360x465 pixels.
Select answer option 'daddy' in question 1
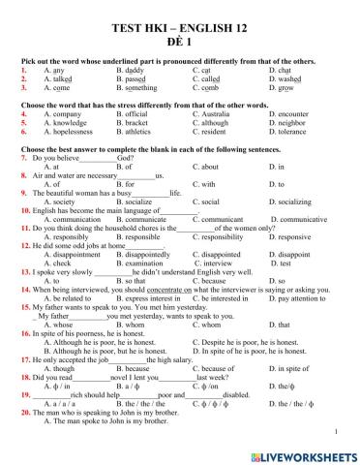(x=133, y=70)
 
